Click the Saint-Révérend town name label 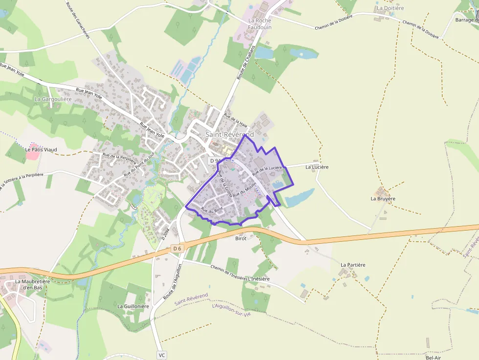point(229,134)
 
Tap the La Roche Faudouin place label point(259,24)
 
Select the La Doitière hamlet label point(390,8)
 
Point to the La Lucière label point(317,167)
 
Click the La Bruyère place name point(383,199)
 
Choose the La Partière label point(353,265)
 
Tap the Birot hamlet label point(241,238)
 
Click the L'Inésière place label point(259,279)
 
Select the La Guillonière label point(133,306)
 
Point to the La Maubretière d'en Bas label point(28,284)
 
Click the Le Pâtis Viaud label point(41,149)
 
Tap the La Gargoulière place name point(53,99)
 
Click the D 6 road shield point(177,249)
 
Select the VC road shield point(162,355)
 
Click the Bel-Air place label point(433,358)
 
